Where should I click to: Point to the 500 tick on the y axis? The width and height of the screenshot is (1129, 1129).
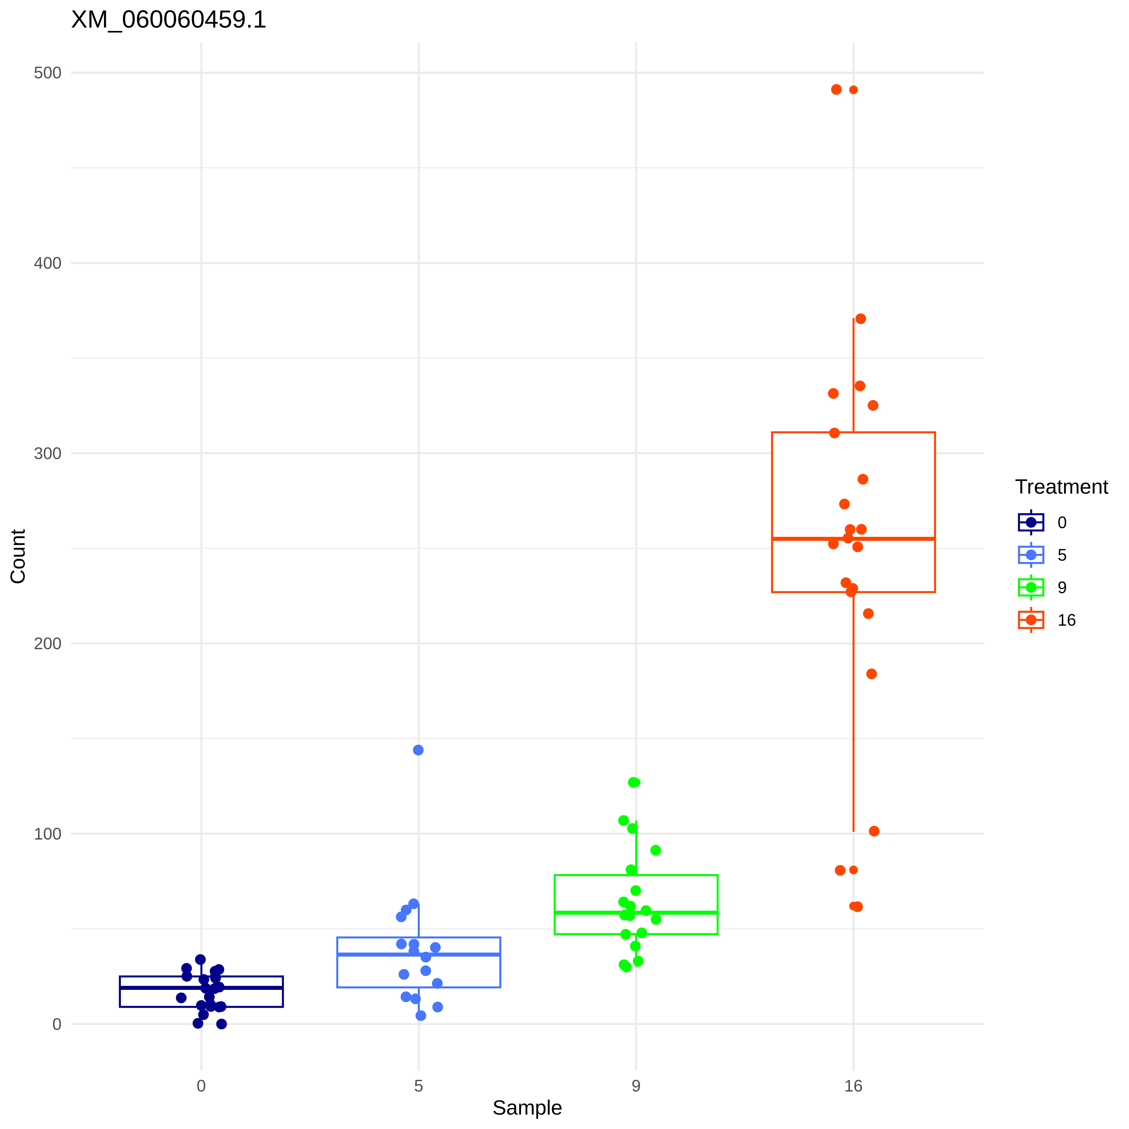(47, 73)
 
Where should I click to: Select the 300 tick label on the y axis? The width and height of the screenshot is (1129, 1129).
(47, 453)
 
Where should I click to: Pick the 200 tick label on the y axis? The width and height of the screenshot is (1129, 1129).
(47, 643)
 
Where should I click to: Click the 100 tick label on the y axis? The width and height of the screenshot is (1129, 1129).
(47, 834)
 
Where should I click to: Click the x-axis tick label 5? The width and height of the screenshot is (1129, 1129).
(418, 1086)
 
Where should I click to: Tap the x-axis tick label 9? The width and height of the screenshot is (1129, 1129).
(636, 1086)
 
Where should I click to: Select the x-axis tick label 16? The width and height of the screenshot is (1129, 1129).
(853, 1086)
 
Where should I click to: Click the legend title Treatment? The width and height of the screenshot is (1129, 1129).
(1061, 487)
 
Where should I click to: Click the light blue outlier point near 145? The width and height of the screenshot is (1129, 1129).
(418, 750)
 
